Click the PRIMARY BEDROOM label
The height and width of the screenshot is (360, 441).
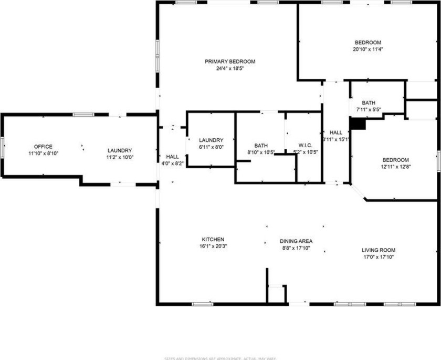[x=230, y=61]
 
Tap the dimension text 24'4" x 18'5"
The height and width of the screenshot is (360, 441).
[x=230, y=68]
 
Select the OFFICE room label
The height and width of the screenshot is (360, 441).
[x=43, y=147]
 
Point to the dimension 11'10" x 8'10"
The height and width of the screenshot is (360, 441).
[x=43, y=153]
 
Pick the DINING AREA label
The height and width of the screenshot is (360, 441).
[x=296, y=241]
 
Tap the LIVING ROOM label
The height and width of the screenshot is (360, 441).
[x=379, y=250]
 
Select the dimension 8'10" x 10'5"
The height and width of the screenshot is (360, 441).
[x=261, y=152]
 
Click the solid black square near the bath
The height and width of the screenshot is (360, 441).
[x=358, y=123]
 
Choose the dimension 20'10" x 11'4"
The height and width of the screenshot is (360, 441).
[x=367, y=50]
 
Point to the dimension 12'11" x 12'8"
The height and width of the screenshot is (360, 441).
[x=395, y=167]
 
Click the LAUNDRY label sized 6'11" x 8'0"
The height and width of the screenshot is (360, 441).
[x=211, y=140]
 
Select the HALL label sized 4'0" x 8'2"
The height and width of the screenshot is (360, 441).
[x=172, y=157]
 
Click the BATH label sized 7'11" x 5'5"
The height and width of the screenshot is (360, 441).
[x=369, y=103]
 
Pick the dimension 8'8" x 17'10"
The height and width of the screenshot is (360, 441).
[x=296, y=248]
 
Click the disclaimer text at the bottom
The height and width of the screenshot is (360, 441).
[x=220, y=358]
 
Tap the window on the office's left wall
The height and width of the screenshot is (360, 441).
[x=2, y=146]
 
